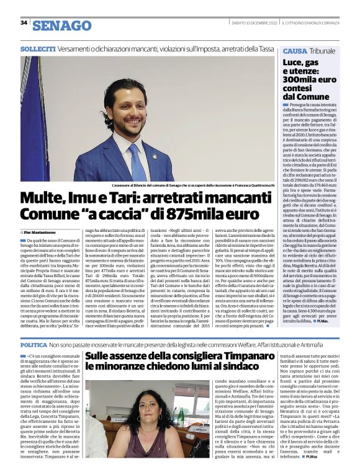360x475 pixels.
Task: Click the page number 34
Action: tap(24, 23)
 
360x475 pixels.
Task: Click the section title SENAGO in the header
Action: tap(61, 25)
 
